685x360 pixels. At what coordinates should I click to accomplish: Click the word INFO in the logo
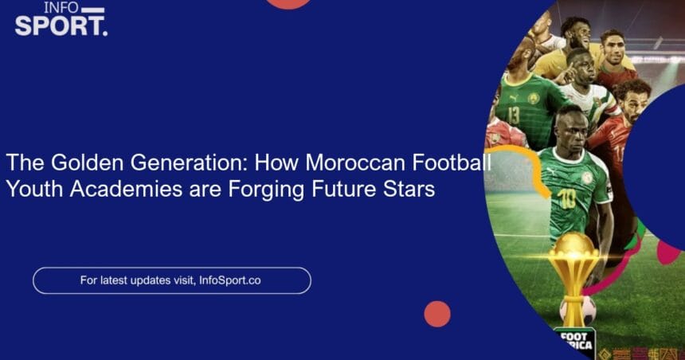[61, 7]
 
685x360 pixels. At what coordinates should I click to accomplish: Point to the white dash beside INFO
[93, 10]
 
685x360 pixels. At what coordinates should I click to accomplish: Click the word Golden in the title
[88, 162]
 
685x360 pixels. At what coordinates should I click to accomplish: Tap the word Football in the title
[452, 162]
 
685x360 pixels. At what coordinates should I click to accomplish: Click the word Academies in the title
[126, 189]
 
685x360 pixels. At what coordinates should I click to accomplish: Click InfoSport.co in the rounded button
[229, 280]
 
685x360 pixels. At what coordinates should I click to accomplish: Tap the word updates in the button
[148, 280]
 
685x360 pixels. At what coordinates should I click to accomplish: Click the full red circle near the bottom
[436, 314]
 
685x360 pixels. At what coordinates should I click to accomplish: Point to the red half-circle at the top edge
[288, 3]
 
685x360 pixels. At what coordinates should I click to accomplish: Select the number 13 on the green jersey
[513, 115]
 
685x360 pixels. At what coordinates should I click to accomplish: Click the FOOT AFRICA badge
[574, 341]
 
